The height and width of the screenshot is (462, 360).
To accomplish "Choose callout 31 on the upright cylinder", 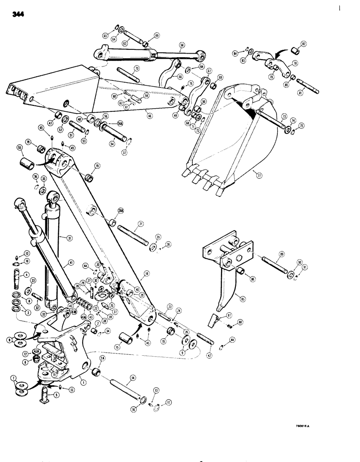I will click(69, 238).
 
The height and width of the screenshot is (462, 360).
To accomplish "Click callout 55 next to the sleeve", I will click(19, 148).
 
